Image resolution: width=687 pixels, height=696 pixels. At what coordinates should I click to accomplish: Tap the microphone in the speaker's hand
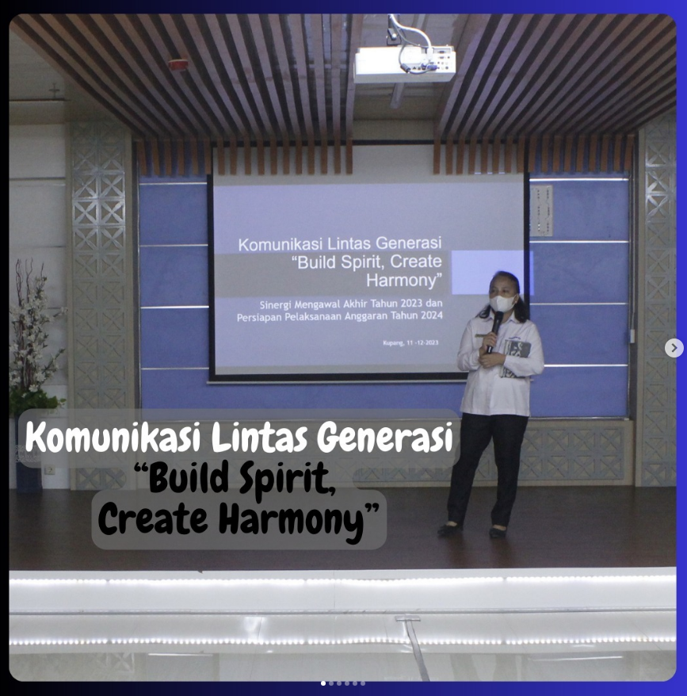point(494,331)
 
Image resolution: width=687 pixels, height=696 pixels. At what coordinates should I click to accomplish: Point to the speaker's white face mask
point(502,304)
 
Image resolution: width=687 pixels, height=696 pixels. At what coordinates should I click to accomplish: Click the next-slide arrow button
point(674,348)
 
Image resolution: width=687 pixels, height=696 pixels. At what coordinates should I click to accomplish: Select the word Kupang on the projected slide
point(393,342)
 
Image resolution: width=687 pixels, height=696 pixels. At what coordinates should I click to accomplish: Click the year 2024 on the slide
point(430,315)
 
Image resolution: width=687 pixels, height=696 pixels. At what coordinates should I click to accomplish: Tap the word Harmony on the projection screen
point(404,281)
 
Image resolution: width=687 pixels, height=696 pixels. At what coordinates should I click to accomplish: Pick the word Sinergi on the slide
point(275,305)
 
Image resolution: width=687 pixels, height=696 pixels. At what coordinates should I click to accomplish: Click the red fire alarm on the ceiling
point(178,65)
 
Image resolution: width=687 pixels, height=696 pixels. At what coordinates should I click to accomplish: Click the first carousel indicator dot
point(323,683)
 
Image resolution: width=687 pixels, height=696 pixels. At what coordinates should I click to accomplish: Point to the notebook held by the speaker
point(515,358)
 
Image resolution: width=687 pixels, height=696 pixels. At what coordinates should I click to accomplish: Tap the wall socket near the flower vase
point(50,469)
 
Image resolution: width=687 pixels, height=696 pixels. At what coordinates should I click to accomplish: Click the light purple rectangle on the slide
point(491,272)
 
